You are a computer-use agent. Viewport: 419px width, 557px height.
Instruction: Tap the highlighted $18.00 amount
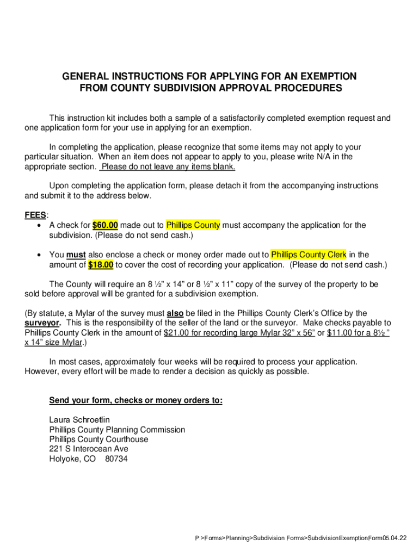click(x=101, y=265)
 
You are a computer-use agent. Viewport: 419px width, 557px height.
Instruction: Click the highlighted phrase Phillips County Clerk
click(x=309, y=255)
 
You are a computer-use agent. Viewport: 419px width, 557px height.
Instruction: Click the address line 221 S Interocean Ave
click(x=89, y=449)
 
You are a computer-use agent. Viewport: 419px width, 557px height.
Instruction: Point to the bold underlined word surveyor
click(x=42, y=323)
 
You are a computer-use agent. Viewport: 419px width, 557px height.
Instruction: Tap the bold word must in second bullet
click(x=76, y=255)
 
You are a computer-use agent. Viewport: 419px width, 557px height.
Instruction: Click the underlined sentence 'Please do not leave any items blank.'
click(x=168, y=167)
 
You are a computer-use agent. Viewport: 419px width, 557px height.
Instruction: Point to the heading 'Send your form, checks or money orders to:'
click(x=136, y=401)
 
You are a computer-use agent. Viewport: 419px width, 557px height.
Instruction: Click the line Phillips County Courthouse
click(x=98, y=440)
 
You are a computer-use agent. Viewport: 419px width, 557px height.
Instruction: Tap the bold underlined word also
click(x=175, y=313)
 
